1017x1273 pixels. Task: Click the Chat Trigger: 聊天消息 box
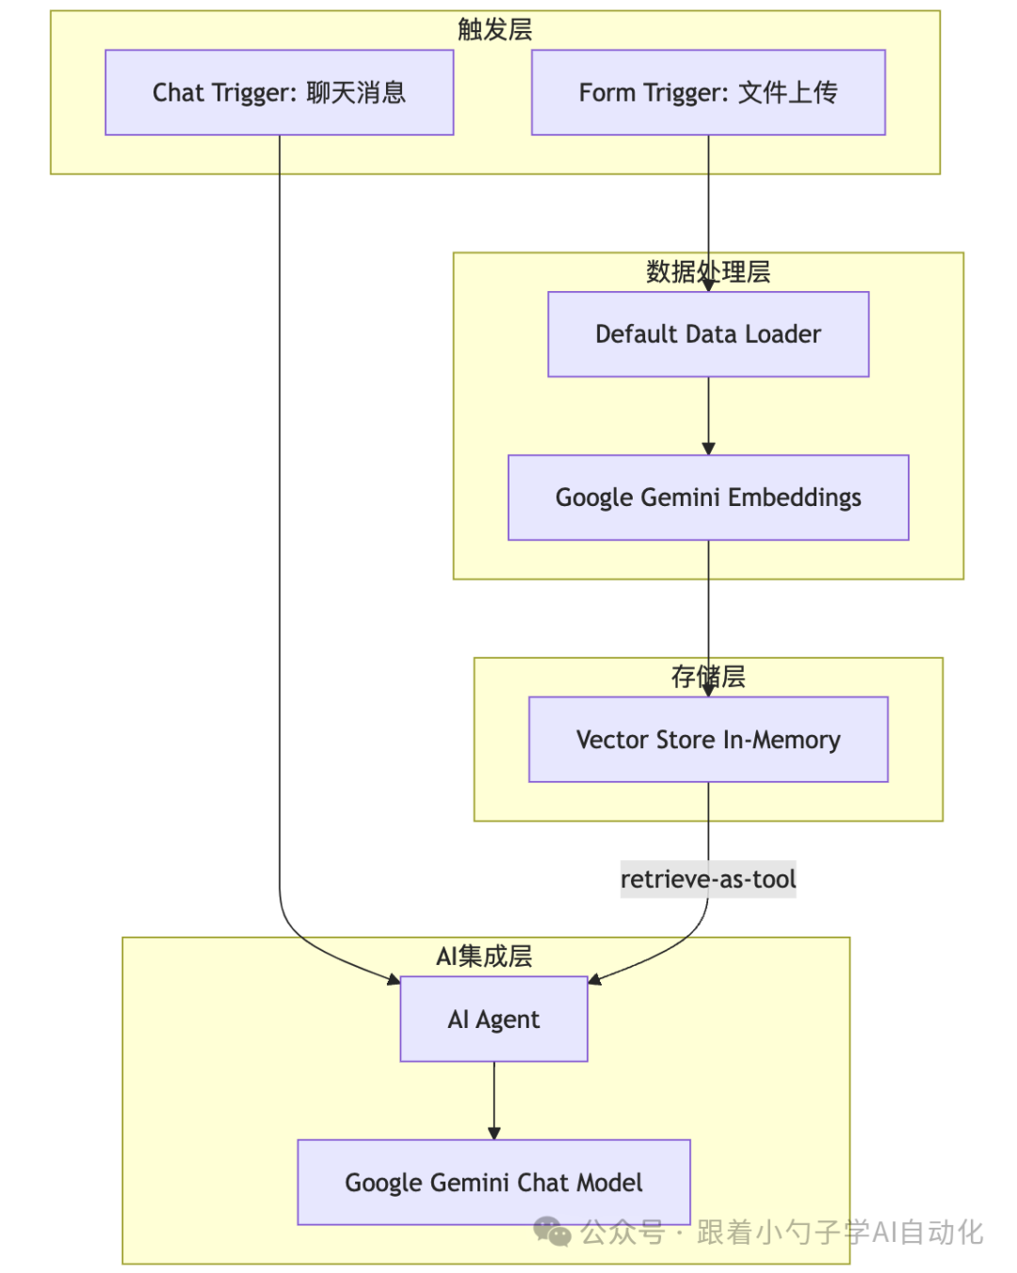click(279, 92)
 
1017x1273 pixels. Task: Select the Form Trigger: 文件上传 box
click(708, 92)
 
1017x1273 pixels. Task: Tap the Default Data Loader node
click(708, 335)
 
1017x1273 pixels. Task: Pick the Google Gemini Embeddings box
click(708, 498)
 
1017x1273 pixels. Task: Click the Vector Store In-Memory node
click(708, 740)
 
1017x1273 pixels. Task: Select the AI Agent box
click(493, 1020)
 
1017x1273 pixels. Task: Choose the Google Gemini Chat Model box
click(493, 1183)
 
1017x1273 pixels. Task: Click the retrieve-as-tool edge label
click(708, 879)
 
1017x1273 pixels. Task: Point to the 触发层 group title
click(494, 29)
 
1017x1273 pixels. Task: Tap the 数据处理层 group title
click(708, 271)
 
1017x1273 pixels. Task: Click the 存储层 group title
click(708, 677)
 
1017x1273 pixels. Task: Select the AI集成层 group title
click(484, 956)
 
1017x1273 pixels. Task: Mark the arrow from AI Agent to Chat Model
click(493, 1101)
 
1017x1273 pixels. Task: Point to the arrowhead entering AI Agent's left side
click(394, 980)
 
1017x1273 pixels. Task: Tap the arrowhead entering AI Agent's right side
click(595, 980)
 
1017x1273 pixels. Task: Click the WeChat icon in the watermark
click(553, 1232)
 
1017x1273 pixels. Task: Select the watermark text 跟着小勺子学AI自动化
click(840, 1232)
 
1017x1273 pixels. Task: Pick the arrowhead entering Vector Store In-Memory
click(708, 691)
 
